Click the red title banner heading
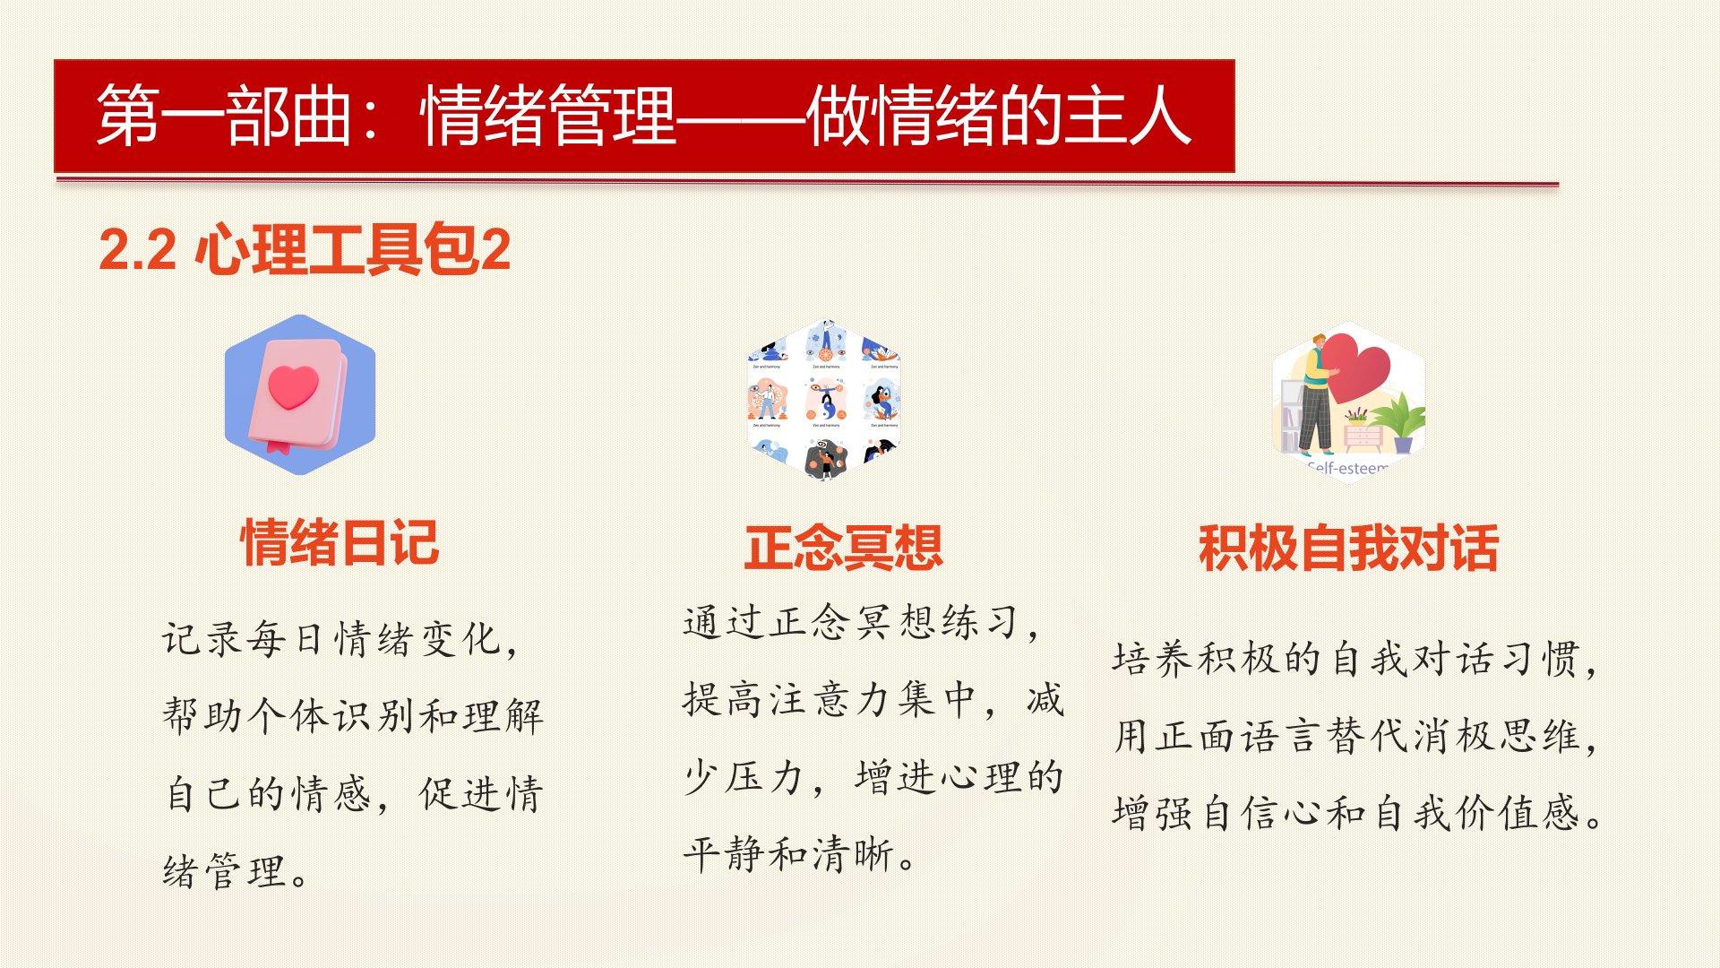[x=643, y=116]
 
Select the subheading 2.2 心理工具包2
[x=305, y=249]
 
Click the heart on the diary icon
[x=293, y=386]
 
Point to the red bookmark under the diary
[x=278, y=445]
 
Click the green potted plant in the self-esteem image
[x=1398, y=421]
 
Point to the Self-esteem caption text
[x=1347, y=467]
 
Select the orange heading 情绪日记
[x=340, y=542]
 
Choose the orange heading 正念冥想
[x=843, y=548]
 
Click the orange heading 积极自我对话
[x=1348, y=548]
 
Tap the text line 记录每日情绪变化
[x=340, y=640]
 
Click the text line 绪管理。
[x=236, y=871]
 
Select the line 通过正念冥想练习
[x=861, y=622]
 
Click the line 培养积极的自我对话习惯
[x=1355, y=660]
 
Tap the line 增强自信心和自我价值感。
[x=1357, y=814]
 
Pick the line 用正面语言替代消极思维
[x=1355, y=737]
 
